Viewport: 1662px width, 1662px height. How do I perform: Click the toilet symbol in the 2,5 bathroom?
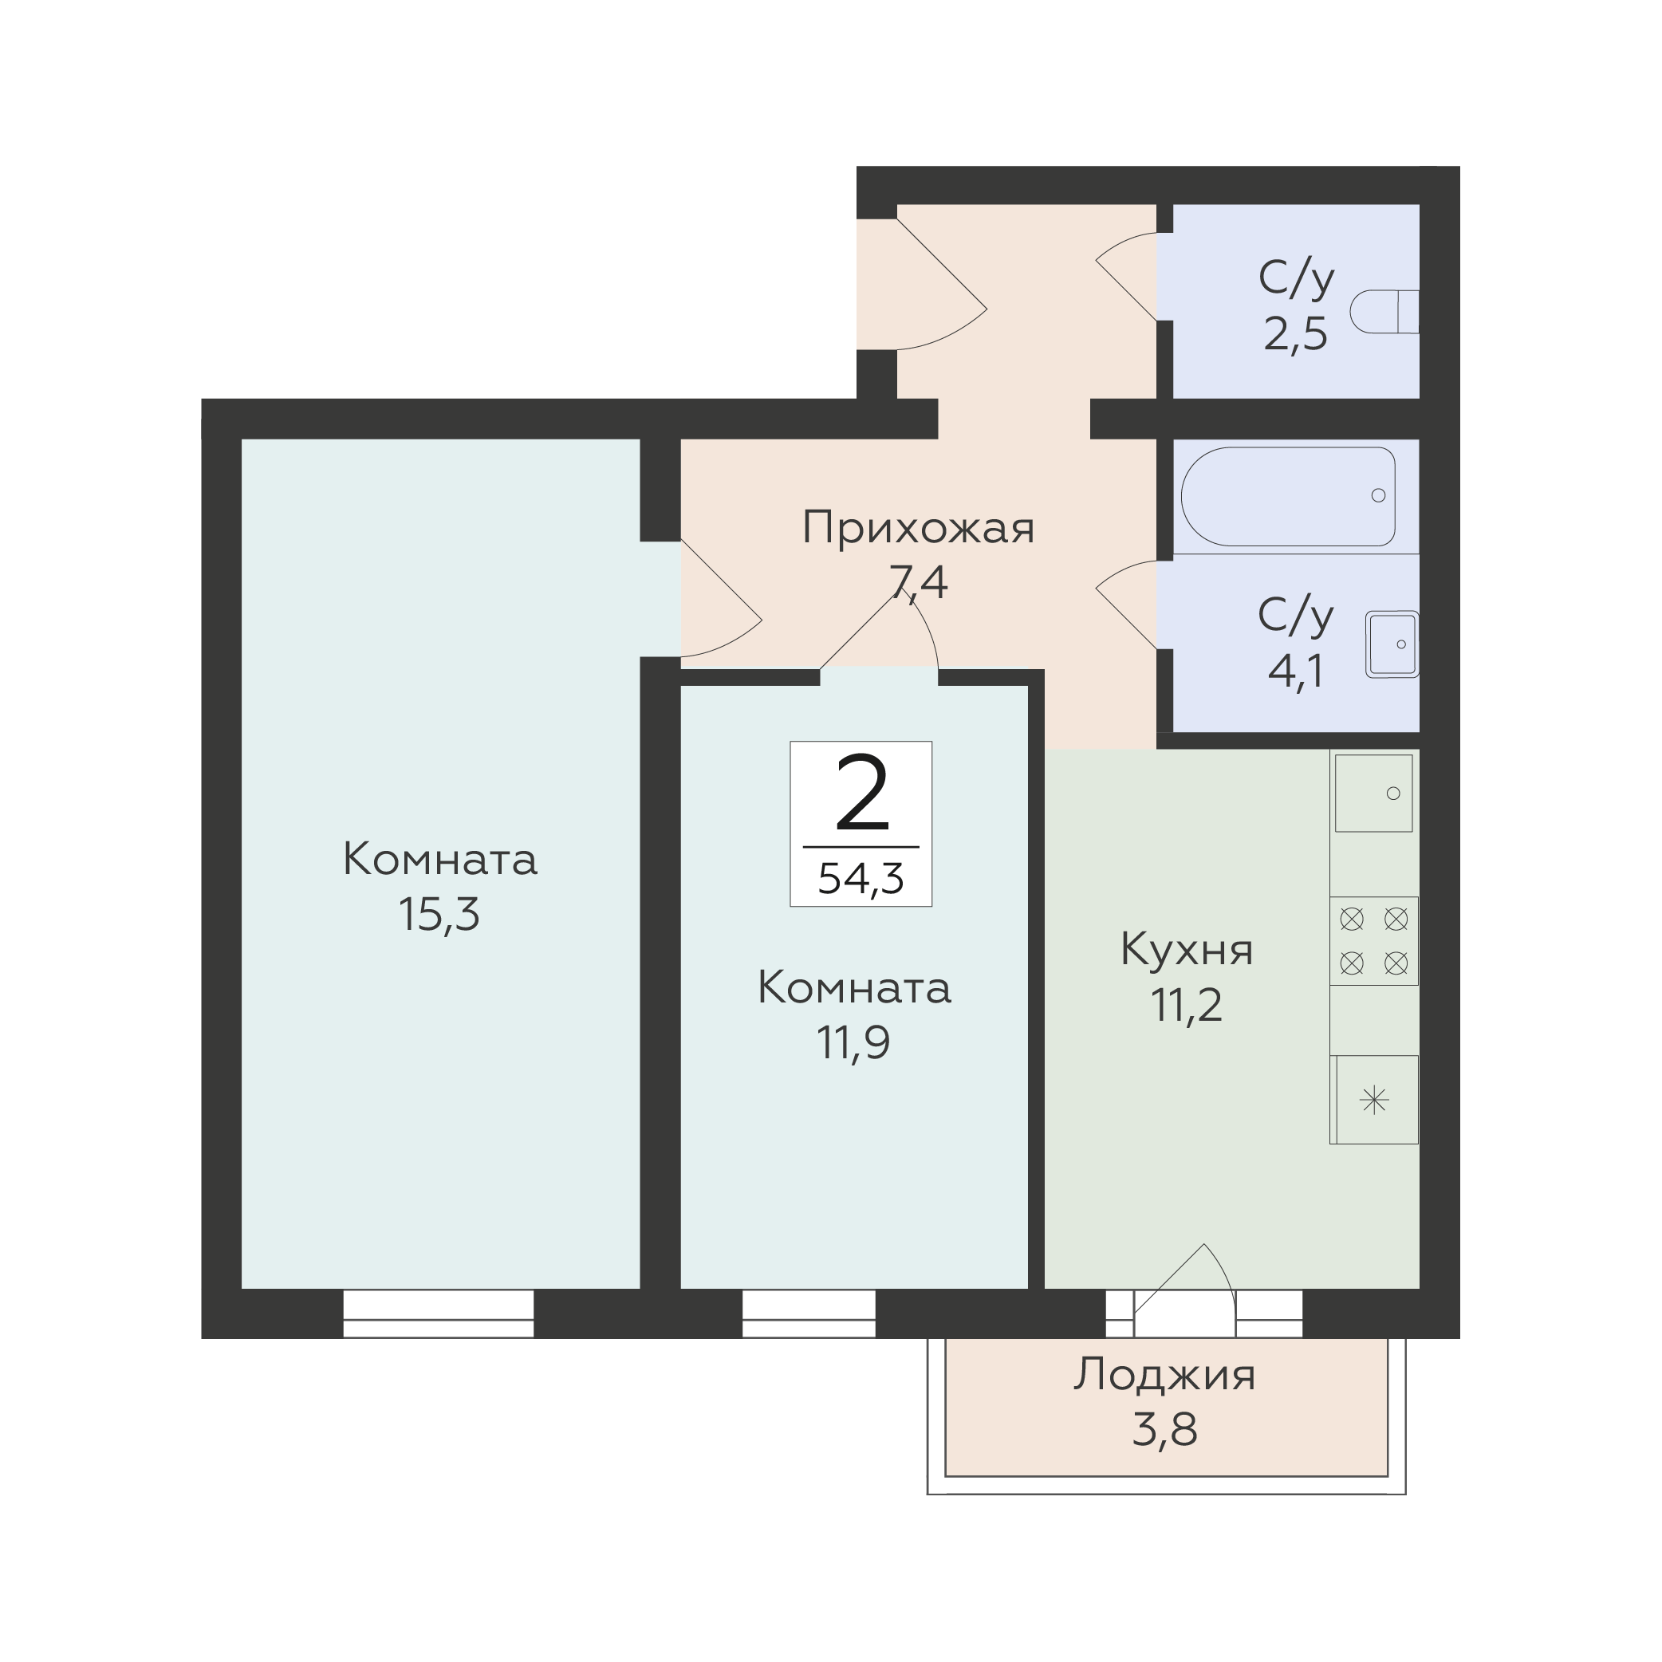point(1384,311)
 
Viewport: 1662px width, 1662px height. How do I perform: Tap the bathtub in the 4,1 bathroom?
point(1288,496)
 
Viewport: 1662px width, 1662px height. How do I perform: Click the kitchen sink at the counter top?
point(1374,794)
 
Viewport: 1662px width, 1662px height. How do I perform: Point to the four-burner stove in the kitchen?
point(1374,941)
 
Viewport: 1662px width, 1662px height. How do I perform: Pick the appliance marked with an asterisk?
point(1374,1101)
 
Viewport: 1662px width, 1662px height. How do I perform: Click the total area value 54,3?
point(861,879)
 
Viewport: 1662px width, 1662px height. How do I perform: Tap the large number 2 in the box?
point(861,794)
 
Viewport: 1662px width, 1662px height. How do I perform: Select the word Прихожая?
point(918,528)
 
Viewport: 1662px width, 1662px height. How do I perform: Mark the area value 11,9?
point(853,1042)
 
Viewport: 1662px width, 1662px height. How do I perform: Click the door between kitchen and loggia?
point(1185,1290)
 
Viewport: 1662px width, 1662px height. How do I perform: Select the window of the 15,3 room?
point(439,1313)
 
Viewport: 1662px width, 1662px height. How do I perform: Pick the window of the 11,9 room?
point(809,1313)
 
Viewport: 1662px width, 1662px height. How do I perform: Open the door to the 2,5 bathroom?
point(1127,276)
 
